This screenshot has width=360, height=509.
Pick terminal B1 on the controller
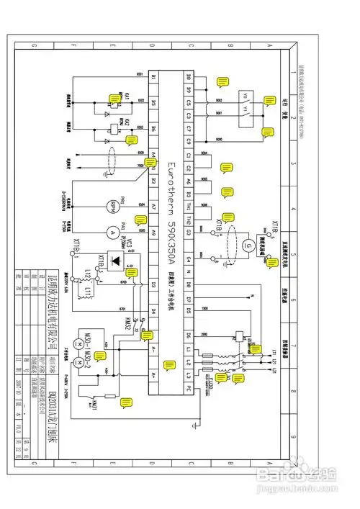pos(153,76)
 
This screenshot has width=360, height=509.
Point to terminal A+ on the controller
pos(153,375)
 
